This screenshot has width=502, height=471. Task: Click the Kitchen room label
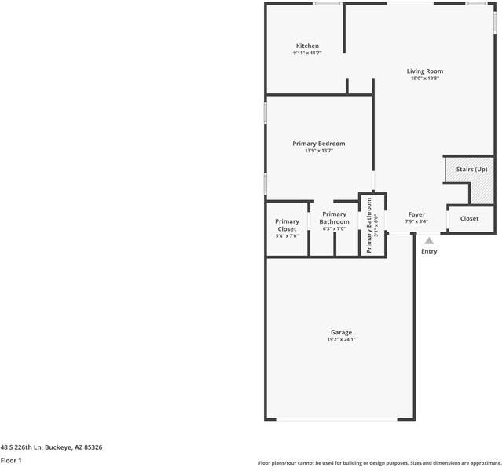click(307, 46)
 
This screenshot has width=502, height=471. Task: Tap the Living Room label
click(424, 71)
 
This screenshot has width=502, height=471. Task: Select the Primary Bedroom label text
click(318, 144)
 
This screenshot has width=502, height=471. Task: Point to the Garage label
click(341, 332)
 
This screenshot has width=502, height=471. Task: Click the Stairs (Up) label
click(467, 170)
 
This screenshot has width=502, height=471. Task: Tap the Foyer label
click(416, 214)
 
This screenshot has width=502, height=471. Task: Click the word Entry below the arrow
click(429, 251)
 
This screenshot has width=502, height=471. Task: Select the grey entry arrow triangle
click(429, 241)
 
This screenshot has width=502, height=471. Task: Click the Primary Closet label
click(287, 225)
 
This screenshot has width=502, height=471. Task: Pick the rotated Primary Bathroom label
click(368, 225)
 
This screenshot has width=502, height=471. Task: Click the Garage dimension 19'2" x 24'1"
click(341, 339)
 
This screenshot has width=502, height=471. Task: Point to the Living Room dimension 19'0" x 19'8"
click(424, 78)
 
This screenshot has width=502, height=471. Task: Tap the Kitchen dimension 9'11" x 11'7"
click(307, 53)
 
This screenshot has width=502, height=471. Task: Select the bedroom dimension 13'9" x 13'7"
click(318, 151)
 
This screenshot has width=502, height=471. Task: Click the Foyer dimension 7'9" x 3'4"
click(416, 221)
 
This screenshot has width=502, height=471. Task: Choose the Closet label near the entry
click(469, 219)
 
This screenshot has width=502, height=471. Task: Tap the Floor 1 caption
click(11, 460)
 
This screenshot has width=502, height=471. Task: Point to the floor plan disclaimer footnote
click(379, 463)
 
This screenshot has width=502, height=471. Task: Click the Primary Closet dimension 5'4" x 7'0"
click(287, 235)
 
